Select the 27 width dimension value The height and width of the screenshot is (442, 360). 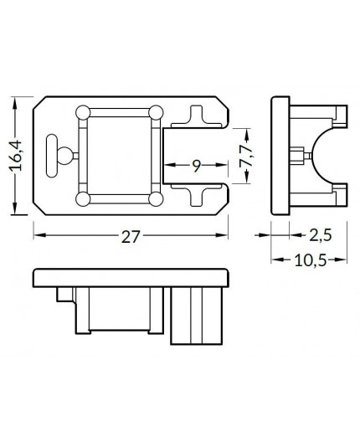130,237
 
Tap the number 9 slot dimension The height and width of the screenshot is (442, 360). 195,166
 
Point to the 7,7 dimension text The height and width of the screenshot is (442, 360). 245,157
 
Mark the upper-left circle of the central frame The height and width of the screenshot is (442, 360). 83,112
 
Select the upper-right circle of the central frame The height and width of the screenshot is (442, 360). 156,112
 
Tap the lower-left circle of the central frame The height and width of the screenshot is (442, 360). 83,199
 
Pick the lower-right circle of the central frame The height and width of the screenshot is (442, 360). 156,199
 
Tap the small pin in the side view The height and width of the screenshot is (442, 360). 298,156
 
